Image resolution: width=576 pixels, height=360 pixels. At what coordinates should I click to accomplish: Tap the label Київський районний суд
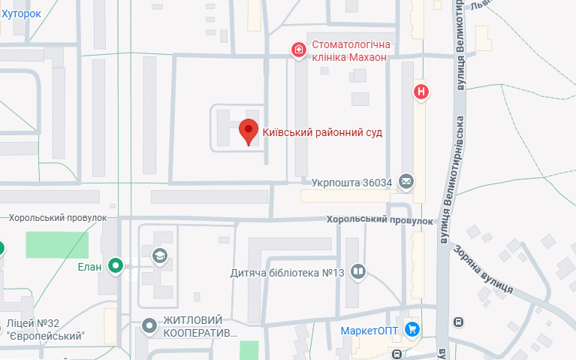point(322,132)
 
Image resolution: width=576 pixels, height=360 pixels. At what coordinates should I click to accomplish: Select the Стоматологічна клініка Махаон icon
point(299,50)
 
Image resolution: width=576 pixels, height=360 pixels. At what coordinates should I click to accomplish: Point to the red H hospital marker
point(422,92)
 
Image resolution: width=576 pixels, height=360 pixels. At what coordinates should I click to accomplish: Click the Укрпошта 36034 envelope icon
point(406,181)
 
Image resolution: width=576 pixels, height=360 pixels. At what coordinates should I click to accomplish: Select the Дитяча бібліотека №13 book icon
point(358,272)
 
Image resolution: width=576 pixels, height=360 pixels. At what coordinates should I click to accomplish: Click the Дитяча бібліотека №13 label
point(287,273)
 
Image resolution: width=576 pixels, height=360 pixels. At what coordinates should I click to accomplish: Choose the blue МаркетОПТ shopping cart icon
point(412,329)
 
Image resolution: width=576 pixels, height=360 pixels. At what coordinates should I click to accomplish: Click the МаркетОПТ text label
point(369,330)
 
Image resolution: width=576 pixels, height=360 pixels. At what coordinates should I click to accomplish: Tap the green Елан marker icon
point(115,265)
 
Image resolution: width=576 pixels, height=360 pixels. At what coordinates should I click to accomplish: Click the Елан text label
point(89,265)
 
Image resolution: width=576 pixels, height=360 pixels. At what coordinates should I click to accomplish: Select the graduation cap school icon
point(160,256)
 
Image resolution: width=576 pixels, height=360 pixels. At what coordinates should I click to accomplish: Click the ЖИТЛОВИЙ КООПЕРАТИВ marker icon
point(149,325)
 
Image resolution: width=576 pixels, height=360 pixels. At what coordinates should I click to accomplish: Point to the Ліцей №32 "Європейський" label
point(44,329)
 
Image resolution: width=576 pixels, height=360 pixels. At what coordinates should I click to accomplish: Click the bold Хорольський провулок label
point(380,221)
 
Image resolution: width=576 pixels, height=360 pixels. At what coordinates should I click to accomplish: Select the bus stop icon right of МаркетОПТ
point(458,322)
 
